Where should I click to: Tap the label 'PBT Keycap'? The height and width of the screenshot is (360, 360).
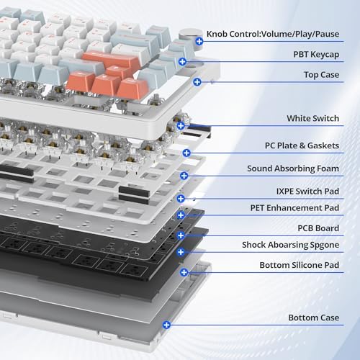point(316,55)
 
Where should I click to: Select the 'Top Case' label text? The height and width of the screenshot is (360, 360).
point(321,75)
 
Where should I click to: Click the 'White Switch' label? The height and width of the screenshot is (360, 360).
point(312,118)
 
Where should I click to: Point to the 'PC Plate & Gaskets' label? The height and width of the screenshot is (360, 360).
point(302,145)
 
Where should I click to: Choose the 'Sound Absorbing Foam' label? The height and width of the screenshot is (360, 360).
point(293,168)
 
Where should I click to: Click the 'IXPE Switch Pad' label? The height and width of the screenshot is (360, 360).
point(307,192)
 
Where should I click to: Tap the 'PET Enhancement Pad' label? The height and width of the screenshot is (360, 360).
point(294,208)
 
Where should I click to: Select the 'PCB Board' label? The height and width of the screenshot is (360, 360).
point(318,228)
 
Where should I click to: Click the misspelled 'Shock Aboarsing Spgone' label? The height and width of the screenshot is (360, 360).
point(290,245)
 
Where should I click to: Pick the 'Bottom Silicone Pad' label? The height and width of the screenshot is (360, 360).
point(300,265)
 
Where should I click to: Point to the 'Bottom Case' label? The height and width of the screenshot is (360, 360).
point(314,318)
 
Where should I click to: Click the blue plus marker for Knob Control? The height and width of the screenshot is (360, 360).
point(199,41)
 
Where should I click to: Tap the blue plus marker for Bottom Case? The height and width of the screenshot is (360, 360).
point(166,325)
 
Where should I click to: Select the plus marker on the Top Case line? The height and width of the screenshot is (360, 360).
point(197,82)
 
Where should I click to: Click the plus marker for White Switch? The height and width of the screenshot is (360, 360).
point(181,125)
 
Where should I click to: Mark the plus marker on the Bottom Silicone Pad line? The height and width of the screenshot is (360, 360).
point(184,272)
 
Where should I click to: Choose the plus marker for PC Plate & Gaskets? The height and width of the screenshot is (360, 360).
point(186,153)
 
